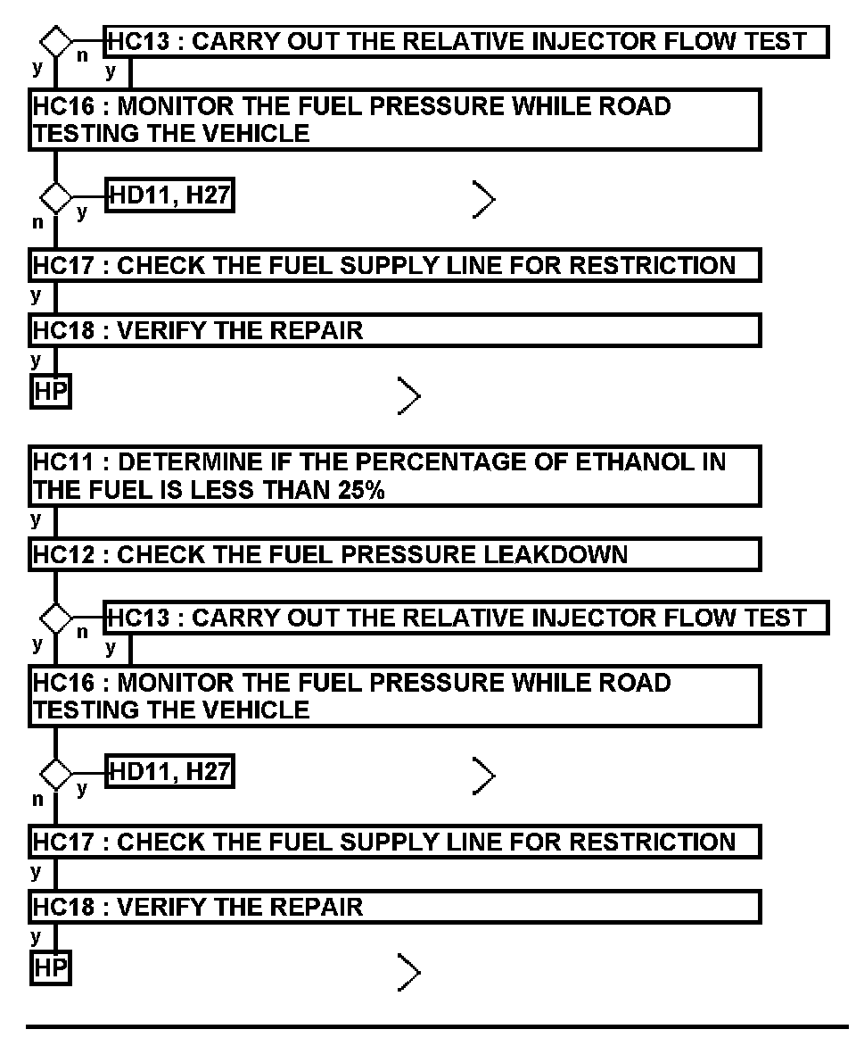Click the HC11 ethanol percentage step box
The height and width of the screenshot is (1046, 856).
point(395,477)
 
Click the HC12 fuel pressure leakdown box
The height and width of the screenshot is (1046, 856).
point(395,554)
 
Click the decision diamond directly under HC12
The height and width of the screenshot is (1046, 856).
point(56,618)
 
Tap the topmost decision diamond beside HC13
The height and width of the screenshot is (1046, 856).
point(56,41)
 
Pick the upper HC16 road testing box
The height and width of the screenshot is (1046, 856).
point(395,120)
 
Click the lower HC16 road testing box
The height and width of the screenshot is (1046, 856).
point(395,696)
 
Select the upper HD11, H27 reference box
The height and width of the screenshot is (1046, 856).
point(169,195)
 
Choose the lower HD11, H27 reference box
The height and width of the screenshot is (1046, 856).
point(169,772)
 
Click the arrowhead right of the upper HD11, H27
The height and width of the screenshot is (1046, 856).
point(484,201)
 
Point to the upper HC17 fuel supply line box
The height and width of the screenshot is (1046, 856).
point(395,265)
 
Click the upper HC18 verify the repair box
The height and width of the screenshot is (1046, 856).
point(395,330)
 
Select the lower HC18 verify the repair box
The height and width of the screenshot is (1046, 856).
point(395,907)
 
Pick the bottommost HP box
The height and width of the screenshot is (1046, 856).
point(51,969)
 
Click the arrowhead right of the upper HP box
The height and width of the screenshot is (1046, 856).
point(408,395)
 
